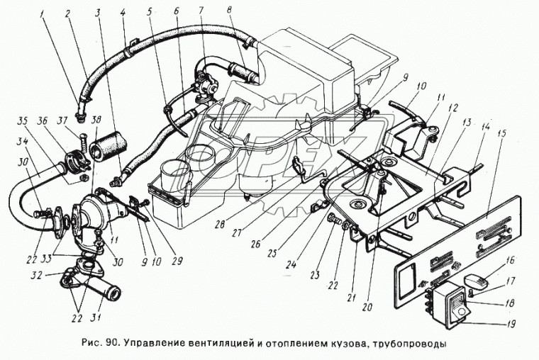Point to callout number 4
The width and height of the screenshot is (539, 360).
point(123,13)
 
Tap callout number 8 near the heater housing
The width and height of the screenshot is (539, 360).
point(230,11)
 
